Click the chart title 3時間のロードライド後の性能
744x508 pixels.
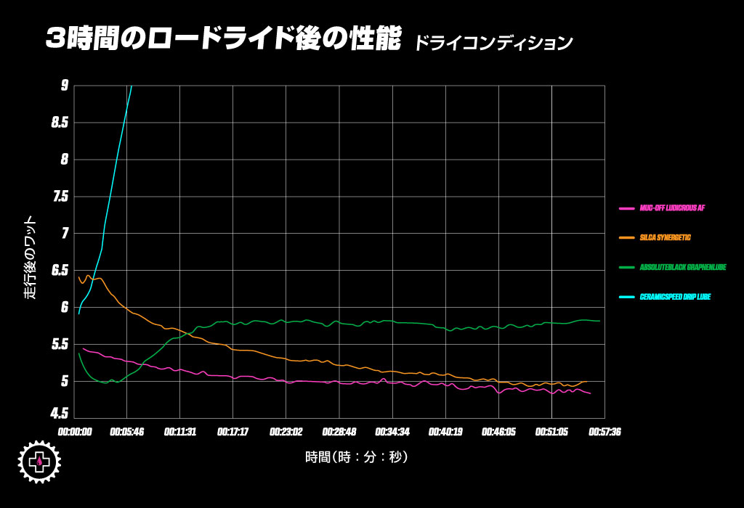222,40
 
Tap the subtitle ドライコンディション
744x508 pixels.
493,43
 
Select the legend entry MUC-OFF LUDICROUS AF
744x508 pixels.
672,208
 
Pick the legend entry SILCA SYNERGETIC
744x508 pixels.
665,237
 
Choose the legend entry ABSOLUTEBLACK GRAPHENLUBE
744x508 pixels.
683,267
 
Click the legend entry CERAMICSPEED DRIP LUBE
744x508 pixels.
675,297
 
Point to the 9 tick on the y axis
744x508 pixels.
65,86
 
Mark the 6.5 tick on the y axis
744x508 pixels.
60,271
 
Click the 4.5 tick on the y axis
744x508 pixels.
60,414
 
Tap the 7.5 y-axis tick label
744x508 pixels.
60,197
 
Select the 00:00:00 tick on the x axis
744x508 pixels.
75,432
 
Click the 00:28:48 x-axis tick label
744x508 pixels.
339,432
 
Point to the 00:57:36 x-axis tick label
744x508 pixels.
604,432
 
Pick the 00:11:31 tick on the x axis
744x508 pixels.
180,432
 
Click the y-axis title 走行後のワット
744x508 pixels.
30,258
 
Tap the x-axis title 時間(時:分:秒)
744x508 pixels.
356,457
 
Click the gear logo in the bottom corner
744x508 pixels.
39,462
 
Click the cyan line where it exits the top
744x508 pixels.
131,87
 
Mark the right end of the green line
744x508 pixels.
599,321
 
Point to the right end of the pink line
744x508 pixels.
590,393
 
